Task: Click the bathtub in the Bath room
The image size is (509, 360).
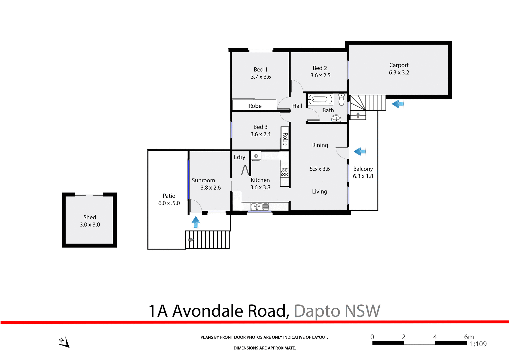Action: (x=320, y=100)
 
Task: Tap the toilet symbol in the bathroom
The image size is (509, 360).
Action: (x=341, y=99)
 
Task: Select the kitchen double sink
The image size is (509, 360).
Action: (x=260, y=207)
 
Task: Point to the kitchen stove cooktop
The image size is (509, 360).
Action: (x=285, y=172)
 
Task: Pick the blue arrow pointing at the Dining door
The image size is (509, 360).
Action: (x=360, y=151)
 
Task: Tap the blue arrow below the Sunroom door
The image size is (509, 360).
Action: (x=196, y=222)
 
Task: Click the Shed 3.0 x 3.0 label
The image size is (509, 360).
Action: (x=90, y=221)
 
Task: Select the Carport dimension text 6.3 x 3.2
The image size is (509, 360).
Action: (x=399, y=72)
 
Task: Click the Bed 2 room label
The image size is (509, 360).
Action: (x=320, y=68)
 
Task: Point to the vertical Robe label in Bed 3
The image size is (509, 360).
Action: (x=285, y=139)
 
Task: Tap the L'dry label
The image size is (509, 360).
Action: (x=239, y=157)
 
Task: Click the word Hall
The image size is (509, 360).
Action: (x=297, y=106)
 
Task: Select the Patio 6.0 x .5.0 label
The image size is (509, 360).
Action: (x=169, y=199)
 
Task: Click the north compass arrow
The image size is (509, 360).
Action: (x=64, y=342)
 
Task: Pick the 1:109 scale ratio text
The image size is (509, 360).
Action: (x=478, y=344)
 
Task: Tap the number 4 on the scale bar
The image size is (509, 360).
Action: (x=435, y=337)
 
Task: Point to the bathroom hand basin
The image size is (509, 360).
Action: (x=336, y=118)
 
